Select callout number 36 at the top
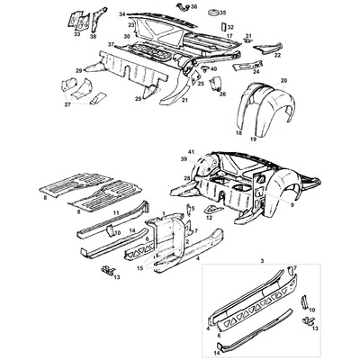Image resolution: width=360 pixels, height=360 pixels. (x=194, y=6)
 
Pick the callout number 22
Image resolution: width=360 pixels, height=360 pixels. (x=277, y=55)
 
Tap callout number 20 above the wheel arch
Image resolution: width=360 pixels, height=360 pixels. (x=283, y=81)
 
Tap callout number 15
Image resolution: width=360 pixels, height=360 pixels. (x=139, y=268)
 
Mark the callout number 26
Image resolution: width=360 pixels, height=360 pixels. (x=222, y=93)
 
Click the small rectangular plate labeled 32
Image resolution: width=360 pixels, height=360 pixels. (x=221, y=27)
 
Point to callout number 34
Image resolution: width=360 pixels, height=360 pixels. (x=122, y=15)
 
